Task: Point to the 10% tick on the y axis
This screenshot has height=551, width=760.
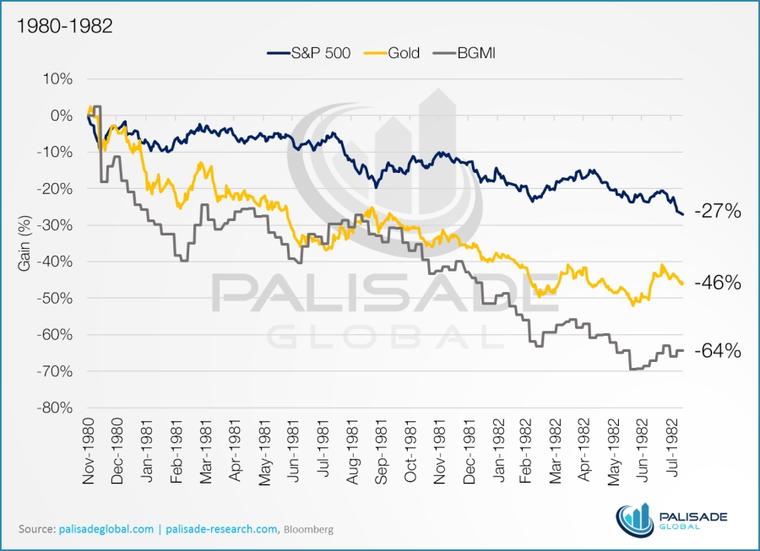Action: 57,79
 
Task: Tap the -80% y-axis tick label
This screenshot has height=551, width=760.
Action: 53,408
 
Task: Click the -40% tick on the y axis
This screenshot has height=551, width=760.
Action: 53,262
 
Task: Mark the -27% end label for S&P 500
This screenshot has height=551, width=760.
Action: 718,212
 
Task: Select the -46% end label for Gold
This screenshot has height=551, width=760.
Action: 718,283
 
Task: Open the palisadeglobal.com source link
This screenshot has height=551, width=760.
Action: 105,529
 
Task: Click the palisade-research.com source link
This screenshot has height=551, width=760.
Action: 222,529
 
